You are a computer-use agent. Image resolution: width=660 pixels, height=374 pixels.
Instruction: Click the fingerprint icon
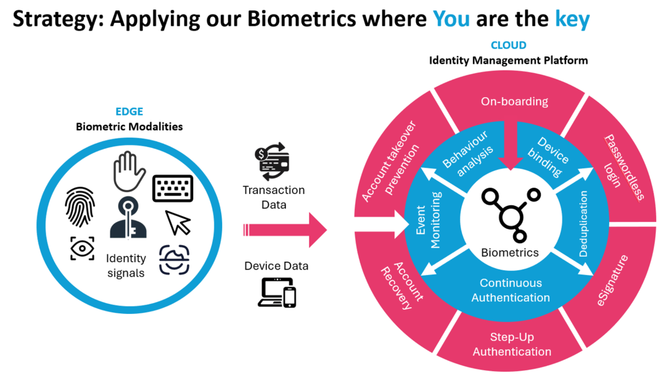click(x=80, y=207)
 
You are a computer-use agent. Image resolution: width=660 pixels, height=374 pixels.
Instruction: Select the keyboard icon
click(x=173, y=188)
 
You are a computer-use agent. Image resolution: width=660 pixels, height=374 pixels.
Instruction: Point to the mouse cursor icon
click(x=177, y=223)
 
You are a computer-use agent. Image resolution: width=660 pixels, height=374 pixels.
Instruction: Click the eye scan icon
click(x=82, y=248)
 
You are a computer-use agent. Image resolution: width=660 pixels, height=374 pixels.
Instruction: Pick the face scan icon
click(x=174, y=260)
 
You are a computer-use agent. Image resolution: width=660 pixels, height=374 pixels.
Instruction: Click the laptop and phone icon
click(x=277, y=293)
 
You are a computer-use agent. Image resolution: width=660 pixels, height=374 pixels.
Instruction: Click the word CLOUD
click(x=508, y=45)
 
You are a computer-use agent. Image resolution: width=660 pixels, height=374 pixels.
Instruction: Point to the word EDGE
click(x=129, y=112)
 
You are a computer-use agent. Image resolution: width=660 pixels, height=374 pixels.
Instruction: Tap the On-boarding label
click(x=514, y=102)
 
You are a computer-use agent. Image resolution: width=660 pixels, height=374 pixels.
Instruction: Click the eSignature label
click(x=612, y=280)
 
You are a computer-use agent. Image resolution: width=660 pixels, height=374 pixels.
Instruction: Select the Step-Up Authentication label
click(x=512, y=344)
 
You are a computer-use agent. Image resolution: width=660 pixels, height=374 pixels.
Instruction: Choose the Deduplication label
click(x=583, y=224)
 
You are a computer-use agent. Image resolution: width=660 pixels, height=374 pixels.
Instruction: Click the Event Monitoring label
click(x=428, y=220)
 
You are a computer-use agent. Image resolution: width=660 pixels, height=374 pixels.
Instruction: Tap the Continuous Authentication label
click(x=510, y=290)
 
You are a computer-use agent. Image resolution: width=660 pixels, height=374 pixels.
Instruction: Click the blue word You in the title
click(x=451, y=19)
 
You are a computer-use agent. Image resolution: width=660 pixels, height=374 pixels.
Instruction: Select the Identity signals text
click(x=126, y=265)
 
